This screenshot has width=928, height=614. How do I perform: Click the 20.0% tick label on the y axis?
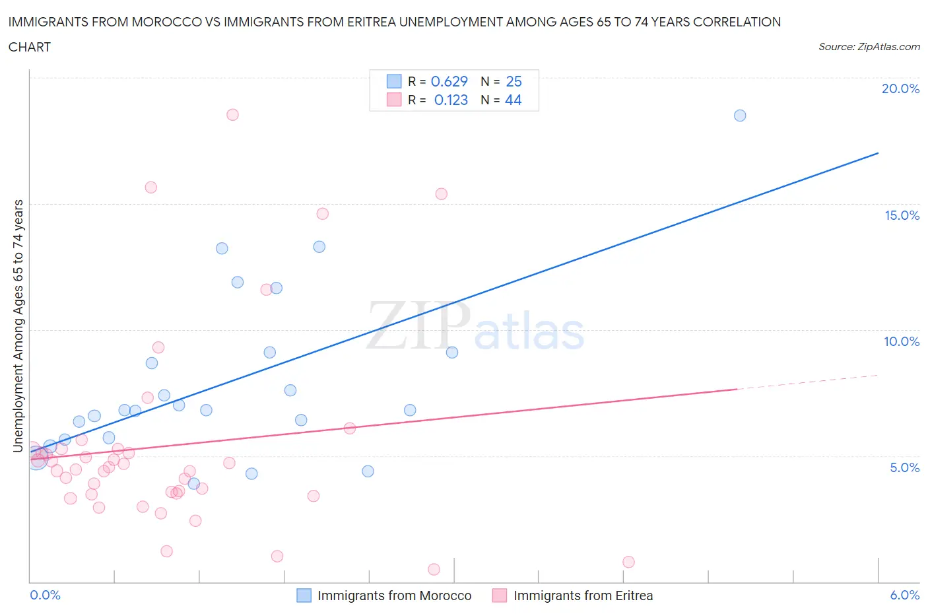click(900, 88)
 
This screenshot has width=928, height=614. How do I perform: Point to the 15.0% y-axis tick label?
click(902, 215)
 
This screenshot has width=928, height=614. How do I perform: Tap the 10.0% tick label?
click(902, 341)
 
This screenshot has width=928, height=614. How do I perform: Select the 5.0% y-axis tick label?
click(904, 467)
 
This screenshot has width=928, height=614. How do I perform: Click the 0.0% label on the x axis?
click(46, 595)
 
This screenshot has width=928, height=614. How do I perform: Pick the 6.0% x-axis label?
click(904, 595)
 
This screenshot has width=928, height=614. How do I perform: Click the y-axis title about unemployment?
click(18, 325)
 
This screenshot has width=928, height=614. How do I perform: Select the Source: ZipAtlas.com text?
click(869, 47)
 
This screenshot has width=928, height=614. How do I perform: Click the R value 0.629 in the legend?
click(449, 81)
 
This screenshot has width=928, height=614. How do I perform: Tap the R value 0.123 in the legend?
click(451, 100)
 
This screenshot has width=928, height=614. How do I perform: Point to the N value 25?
click(514, 81)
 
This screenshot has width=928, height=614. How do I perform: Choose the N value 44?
click(513, 100)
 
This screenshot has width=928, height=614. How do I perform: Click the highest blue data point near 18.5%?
click(740, 116)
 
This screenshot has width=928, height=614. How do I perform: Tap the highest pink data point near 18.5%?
click(232, 114)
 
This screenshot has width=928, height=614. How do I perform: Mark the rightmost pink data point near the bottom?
click(628, 562)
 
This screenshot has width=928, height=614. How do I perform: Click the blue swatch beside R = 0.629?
click(394, 81)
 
